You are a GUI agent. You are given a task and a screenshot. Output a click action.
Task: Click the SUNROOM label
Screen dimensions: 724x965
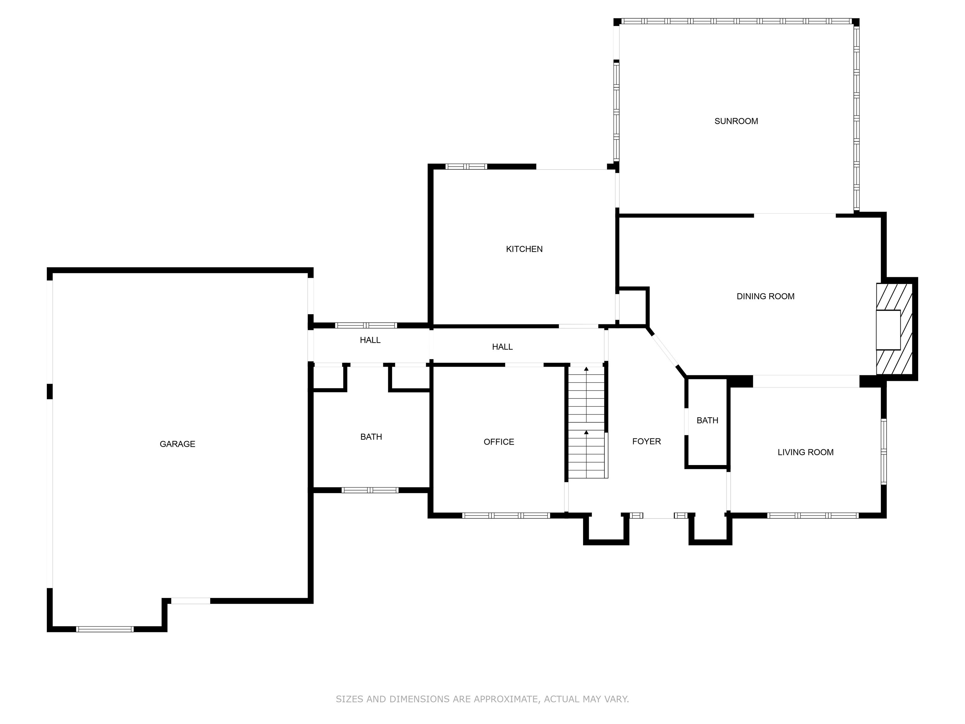point(736,121)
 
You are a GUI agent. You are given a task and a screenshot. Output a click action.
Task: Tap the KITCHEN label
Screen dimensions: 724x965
point(524,249)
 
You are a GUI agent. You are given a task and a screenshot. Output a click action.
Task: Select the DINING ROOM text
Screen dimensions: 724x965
point(765,296)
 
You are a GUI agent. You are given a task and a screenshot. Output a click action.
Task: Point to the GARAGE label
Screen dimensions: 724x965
point(177,444)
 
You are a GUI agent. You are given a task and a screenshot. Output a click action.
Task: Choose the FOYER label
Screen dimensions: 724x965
point(646,441)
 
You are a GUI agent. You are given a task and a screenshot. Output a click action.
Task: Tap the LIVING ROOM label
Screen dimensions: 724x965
point(805,452)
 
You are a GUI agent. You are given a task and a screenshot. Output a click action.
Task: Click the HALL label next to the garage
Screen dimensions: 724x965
point(370,340)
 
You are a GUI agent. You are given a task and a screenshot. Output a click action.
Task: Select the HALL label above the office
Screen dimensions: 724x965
point(502,347)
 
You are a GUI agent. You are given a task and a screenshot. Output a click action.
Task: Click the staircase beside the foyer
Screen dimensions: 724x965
point(586,422)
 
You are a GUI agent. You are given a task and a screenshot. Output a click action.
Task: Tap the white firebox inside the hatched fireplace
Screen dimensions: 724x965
point(888,330)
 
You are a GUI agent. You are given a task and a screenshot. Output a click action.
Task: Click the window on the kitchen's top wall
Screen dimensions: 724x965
point(466,166)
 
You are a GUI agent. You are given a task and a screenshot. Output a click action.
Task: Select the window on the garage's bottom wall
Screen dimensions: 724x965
point(105,629)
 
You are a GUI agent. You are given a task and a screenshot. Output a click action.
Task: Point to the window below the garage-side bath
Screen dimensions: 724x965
point(370,490)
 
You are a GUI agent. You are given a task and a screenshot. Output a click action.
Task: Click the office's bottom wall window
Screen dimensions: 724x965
point(506,515)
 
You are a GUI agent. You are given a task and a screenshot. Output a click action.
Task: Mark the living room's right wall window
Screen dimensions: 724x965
point(883,452)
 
